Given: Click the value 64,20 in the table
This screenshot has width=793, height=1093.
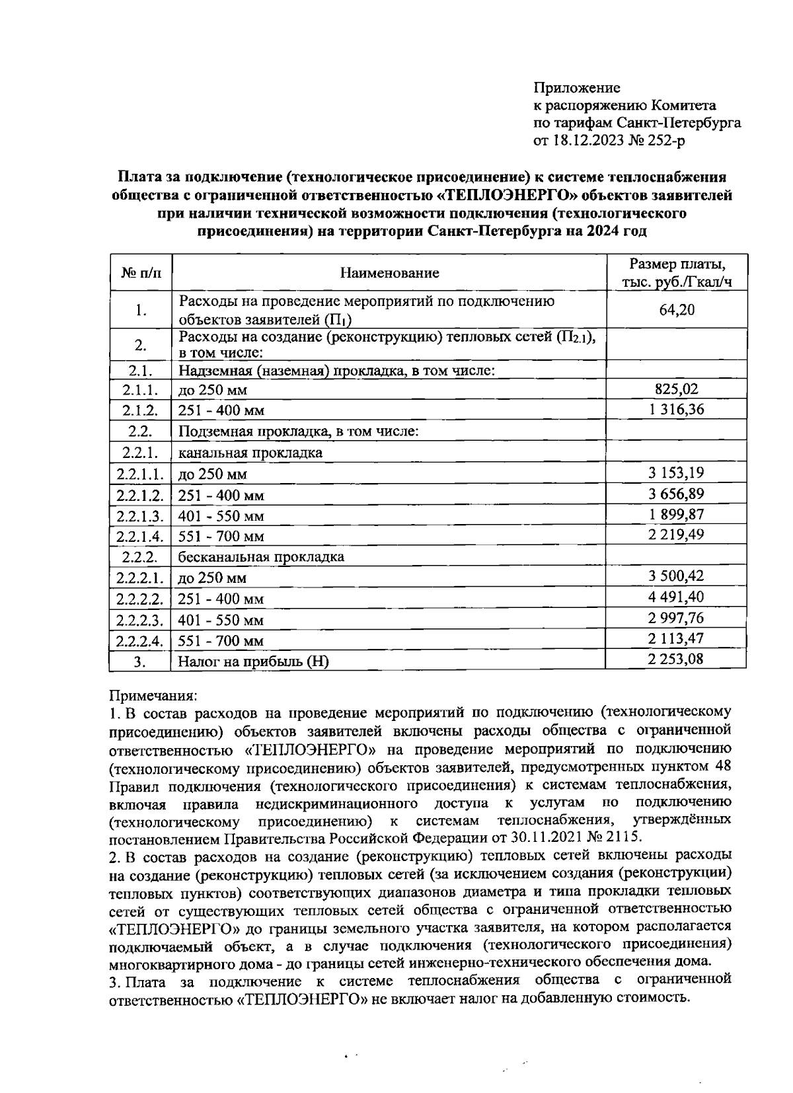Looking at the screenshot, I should pyautogui.click(x=677, y=309).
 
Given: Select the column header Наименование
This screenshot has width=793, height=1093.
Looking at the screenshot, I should pyautogui.click(x=389, y=273).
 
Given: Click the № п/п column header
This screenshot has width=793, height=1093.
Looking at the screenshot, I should pyautogui.click(x=141, y=273).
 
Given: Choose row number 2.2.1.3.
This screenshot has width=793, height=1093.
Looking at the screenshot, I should pyautogui.click(x=140, y=515).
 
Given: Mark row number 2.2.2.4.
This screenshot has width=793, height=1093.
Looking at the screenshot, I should pyautogui.click(x=140, y=640).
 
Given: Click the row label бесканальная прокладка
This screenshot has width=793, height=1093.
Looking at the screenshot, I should pyautogui.click(x=262, y=556).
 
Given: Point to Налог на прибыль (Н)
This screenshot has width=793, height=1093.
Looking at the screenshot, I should pyautogui.click(x=254, y=660).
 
